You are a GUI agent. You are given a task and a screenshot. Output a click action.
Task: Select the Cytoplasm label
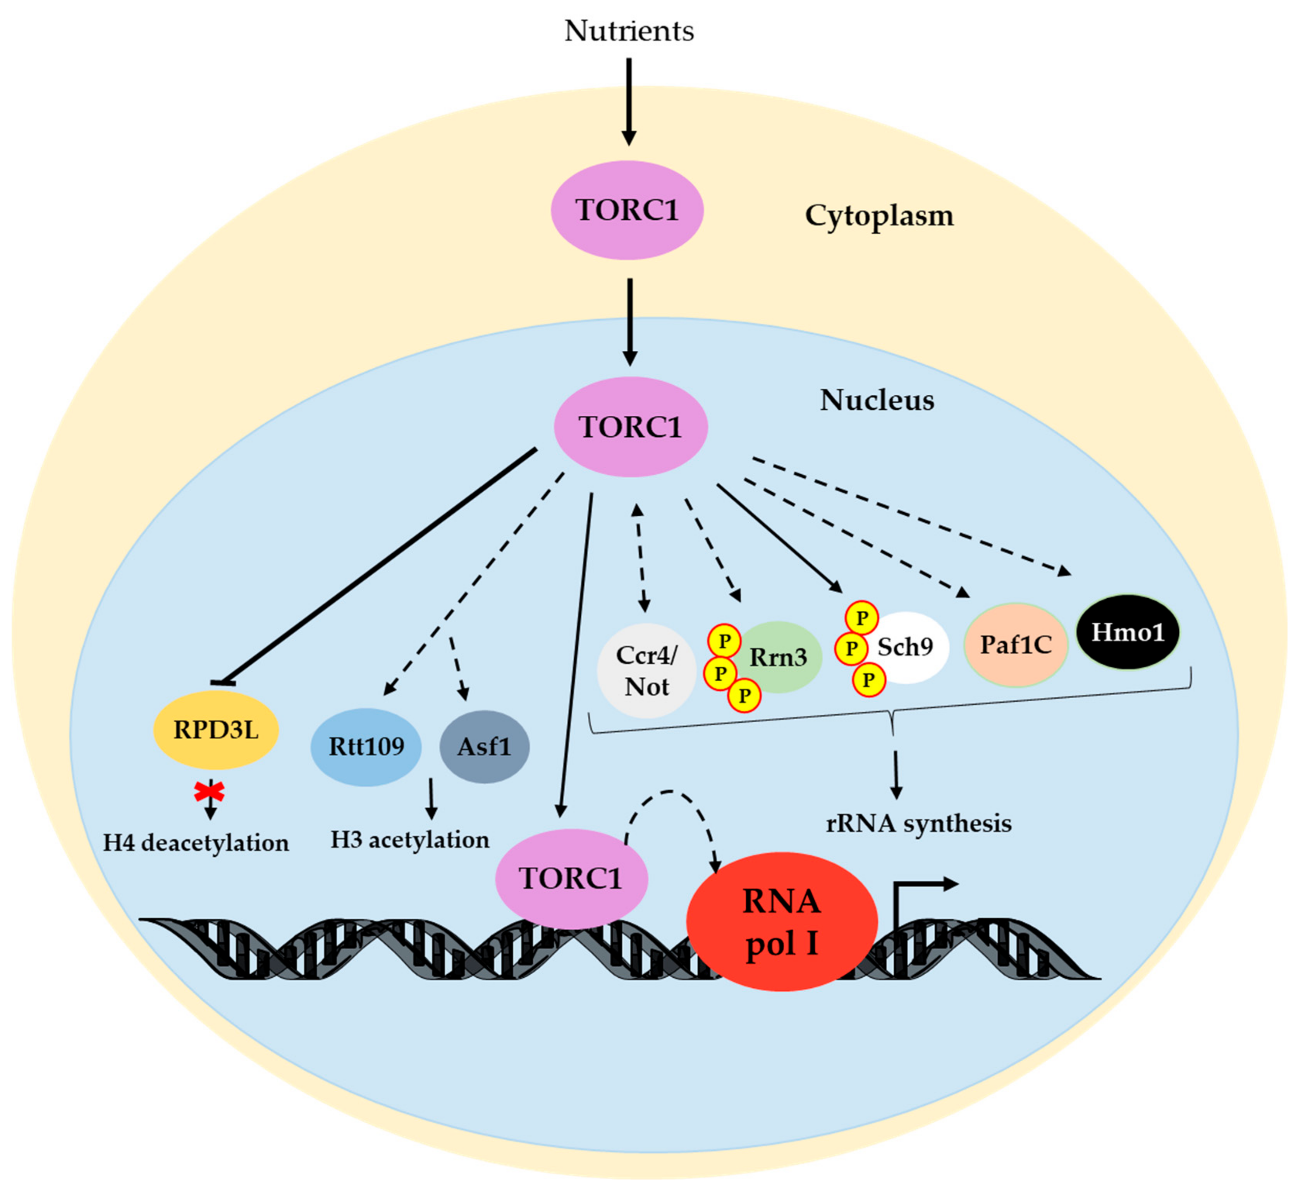(x=878, y=215)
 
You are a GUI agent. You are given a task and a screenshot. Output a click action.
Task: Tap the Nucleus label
(x=877, y=400)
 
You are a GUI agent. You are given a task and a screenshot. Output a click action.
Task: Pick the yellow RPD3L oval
(x=216, y=730)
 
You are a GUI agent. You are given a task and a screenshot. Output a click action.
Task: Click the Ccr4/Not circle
(x=646, y=671)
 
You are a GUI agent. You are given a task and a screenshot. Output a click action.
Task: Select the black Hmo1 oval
(x=1128, y=632)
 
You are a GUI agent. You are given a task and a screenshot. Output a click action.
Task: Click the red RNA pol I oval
(x=781, y=922)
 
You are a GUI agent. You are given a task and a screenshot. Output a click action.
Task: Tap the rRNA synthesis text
(x=918, y=824)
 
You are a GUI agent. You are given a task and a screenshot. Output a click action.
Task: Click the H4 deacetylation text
(x=196, y=843)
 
